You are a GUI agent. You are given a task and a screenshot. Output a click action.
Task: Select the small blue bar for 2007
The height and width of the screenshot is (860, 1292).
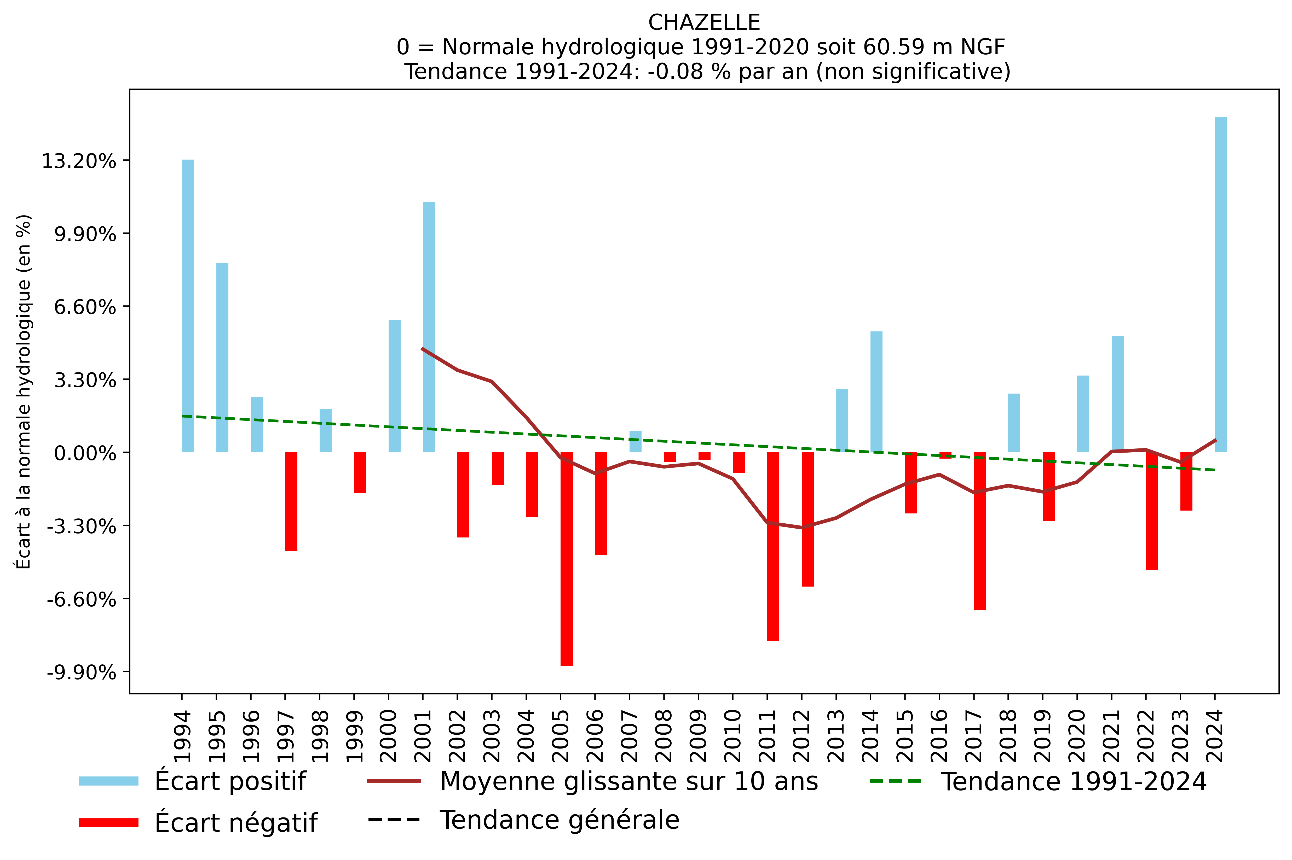tap(635, 442)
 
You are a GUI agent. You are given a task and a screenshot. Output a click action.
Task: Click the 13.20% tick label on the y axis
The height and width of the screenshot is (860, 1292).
tap(79, 161)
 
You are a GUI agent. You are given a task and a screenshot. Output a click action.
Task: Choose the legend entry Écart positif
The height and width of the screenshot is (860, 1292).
tap(229, 781)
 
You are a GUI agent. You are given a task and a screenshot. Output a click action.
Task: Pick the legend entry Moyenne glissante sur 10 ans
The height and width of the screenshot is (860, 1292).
tap(628, 781)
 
